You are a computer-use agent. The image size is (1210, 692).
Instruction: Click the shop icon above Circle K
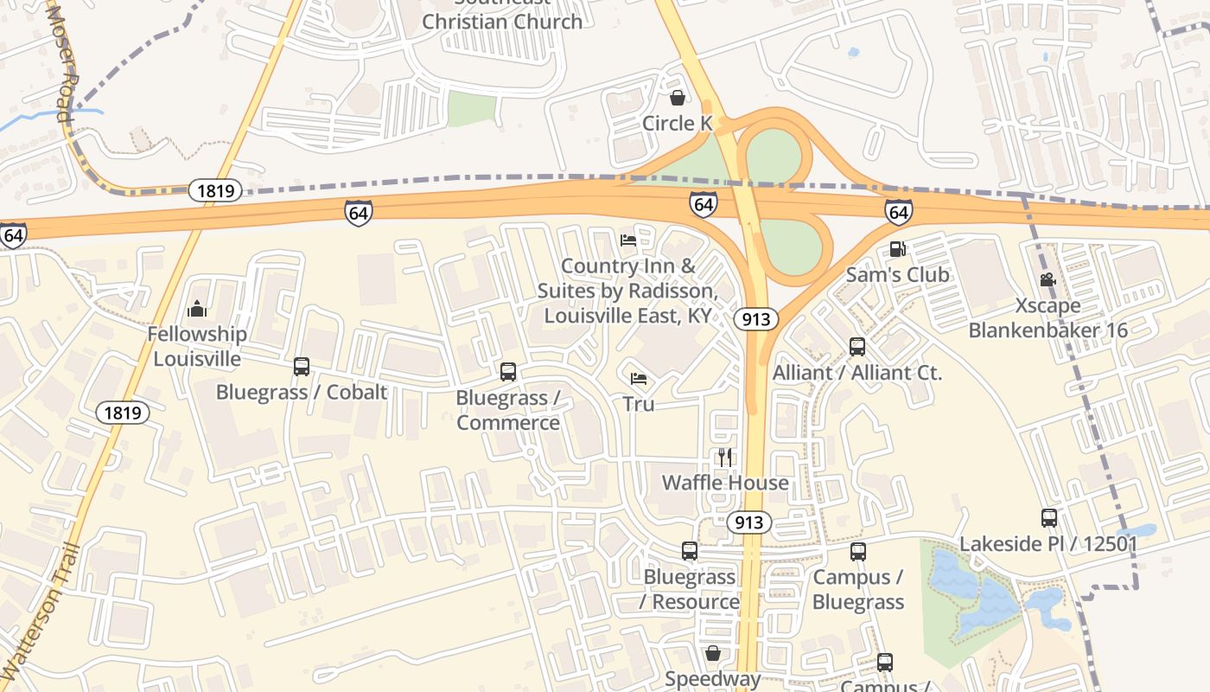(x=678, y=98)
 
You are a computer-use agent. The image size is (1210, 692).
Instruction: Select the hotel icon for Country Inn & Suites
(x=628, y=240)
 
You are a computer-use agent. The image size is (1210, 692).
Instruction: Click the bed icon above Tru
(x=639, y=378)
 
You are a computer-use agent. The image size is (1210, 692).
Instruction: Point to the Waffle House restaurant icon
(x=725, y=457)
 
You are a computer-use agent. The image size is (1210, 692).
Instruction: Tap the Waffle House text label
(x=725, y=483)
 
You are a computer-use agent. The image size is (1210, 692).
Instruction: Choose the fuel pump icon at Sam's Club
(x=898, y=249)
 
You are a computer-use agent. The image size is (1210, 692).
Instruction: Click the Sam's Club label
(x=897, y=275)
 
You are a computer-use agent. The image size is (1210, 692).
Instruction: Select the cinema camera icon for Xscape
(x=1048, y=280)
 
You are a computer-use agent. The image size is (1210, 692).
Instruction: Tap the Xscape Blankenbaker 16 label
(x=1048, y=318)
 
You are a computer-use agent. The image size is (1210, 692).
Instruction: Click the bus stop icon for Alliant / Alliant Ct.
(x=857, y=347)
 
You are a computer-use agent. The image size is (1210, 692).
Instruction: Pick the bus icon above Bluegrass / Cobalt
(x=301, y=366)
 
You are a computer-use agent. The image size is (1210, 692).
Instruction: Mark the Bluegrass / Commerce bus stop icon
(x=508, y=372)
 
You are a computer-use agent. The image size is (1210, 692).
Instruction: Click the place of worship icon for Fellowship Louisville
(x=197, y=308)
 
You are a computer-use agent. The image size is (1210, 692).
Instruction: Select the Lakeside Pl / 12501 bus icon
(x=1048, y=518)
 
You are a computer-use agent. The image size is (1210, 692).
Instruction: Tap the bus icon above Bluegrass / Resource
(x=689, y=550)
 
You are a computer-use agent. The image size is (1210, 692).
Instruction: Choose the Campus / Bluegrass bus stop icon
(x=857, y=551)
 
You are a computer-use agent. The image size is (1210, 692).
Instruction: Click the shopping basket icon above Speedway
(x=712, y=653)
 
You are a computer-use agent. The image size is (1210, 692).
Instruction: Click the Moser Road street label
(x=61, y=61)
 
